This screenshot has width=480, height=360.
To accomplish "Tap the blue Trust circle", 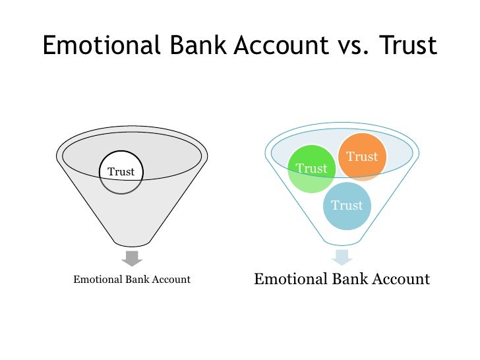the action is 347,206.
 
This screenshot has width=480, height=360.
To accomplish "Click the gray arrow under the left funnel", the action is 132,258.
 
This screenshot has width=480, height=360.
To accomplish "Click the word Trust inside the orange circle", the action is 362,157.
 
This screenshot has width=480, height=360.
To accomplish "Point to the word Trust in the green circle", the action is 312,169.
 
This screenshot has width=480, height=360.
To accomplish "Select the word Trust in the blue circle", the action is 347,206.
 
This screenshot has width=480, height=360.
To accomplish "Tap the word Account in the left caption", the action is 170,280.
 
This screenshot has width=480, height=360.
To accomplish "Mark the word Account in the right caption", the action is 399,279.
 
